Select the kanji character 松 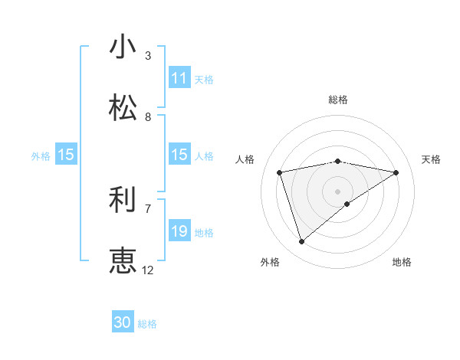123,108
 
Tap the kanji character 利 123,200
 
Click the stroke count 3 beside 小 148,55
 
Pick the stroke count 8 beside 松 148,116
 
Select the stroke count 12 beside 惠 148,270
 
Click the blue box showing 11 179,78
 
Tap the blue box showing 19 179,231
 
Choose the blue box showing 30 123,323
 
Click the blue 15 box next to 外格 66,155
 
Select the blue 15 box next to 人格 179,155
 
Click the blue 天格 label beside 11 204,79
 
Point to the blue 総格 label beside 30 147,324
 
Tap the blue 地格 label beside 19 204,232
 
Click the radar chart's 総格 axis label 338,100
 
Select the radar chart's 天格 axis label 431,159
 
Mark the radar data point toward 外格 301,242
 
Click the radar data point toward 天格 396,172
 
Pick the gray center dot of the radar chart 337,191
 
